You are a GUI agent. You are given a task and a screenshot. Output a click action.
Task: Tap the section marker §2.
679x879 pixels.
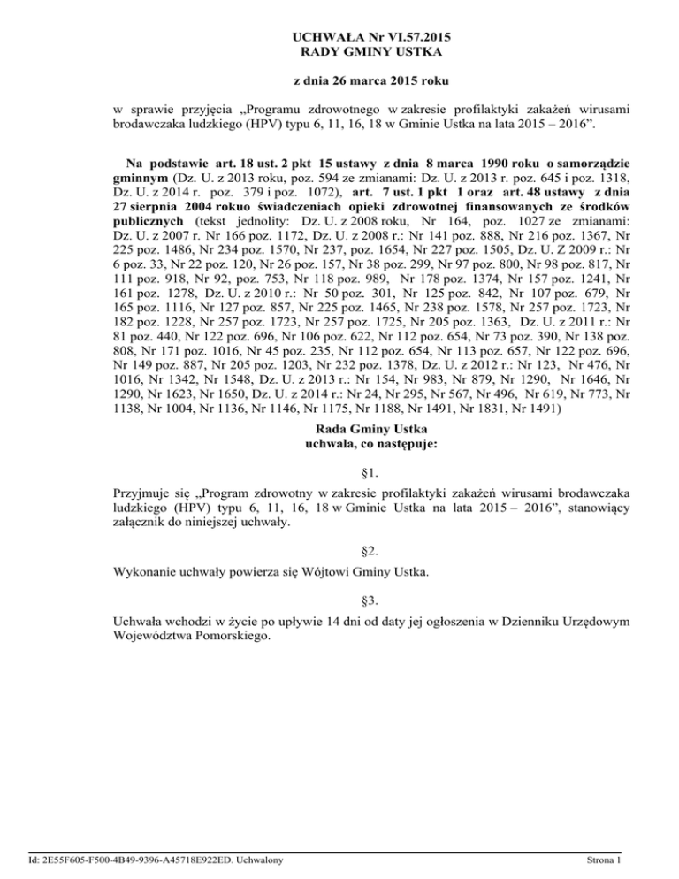339,553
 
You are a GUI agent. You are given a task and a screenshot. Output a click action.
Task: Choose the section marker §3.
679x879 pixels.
339,604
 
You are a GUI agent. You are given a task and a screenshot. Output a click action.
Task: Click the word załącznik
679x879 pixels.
146,522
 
